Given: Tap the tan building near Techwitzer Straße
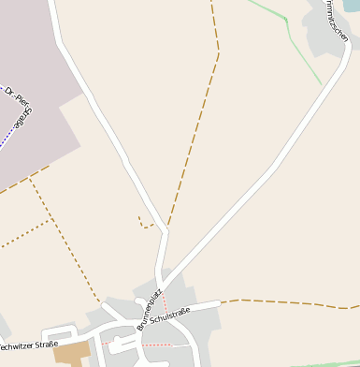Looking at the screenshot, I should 72,353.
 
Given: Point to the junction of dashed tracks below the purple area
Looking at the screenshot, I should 31,178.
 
